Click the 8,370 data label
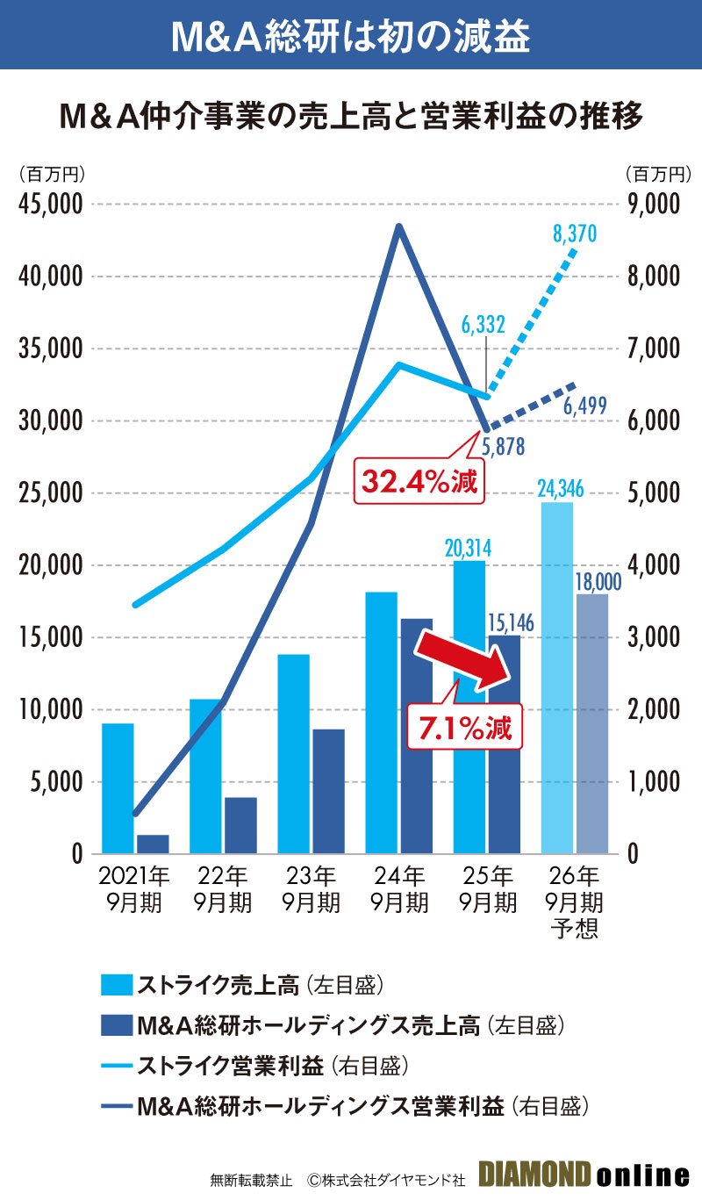(575, 234)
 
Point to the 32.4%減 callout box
(420, 481)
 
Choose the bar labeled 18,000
(592, 723)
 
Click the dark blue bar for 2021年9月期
(153, 844)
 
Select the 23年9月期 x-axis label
(312, 888)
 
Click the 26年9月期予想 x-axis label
(574, 902)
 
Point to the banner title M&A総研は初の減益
(351, 34)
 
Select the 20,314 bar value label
(468, 548)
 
